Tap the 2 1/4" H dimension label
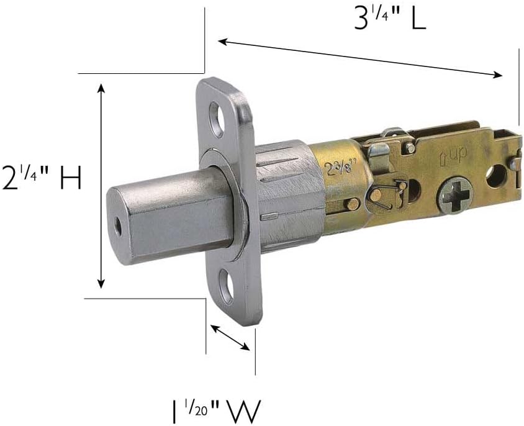pos(41,178)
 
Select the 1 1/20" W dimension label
pos(216,411)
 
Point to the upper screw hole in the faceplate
pos(217,120)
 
